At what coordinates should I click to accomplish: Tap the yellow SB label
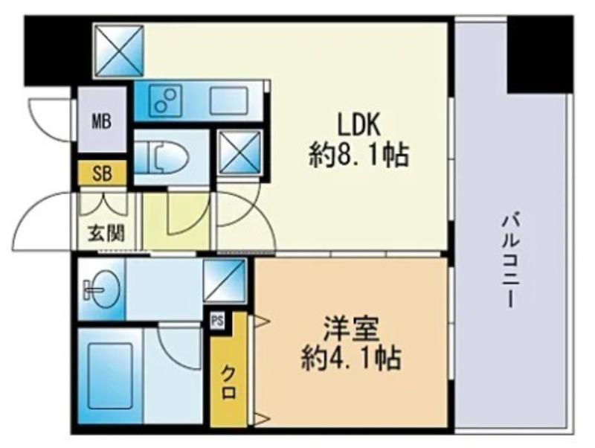click(x=101, y=174)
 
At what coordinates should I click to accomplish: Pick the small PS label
click(x=218, y=321)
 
